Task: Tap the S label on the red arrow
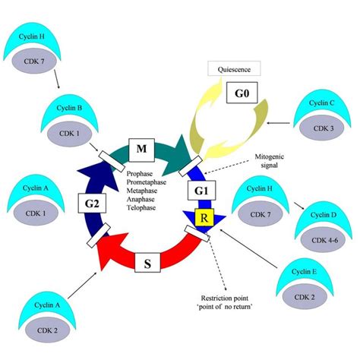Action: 148,264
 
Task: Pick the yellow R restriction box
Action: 203,219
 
